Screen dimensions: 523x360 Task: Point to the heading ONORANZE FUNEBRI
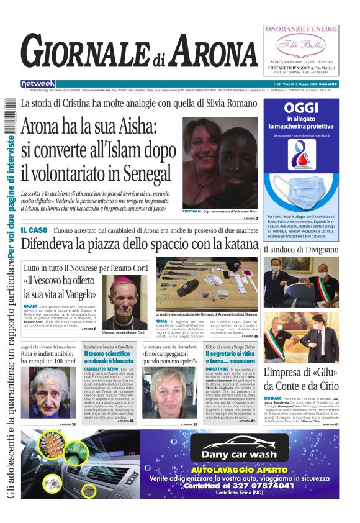301,29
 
